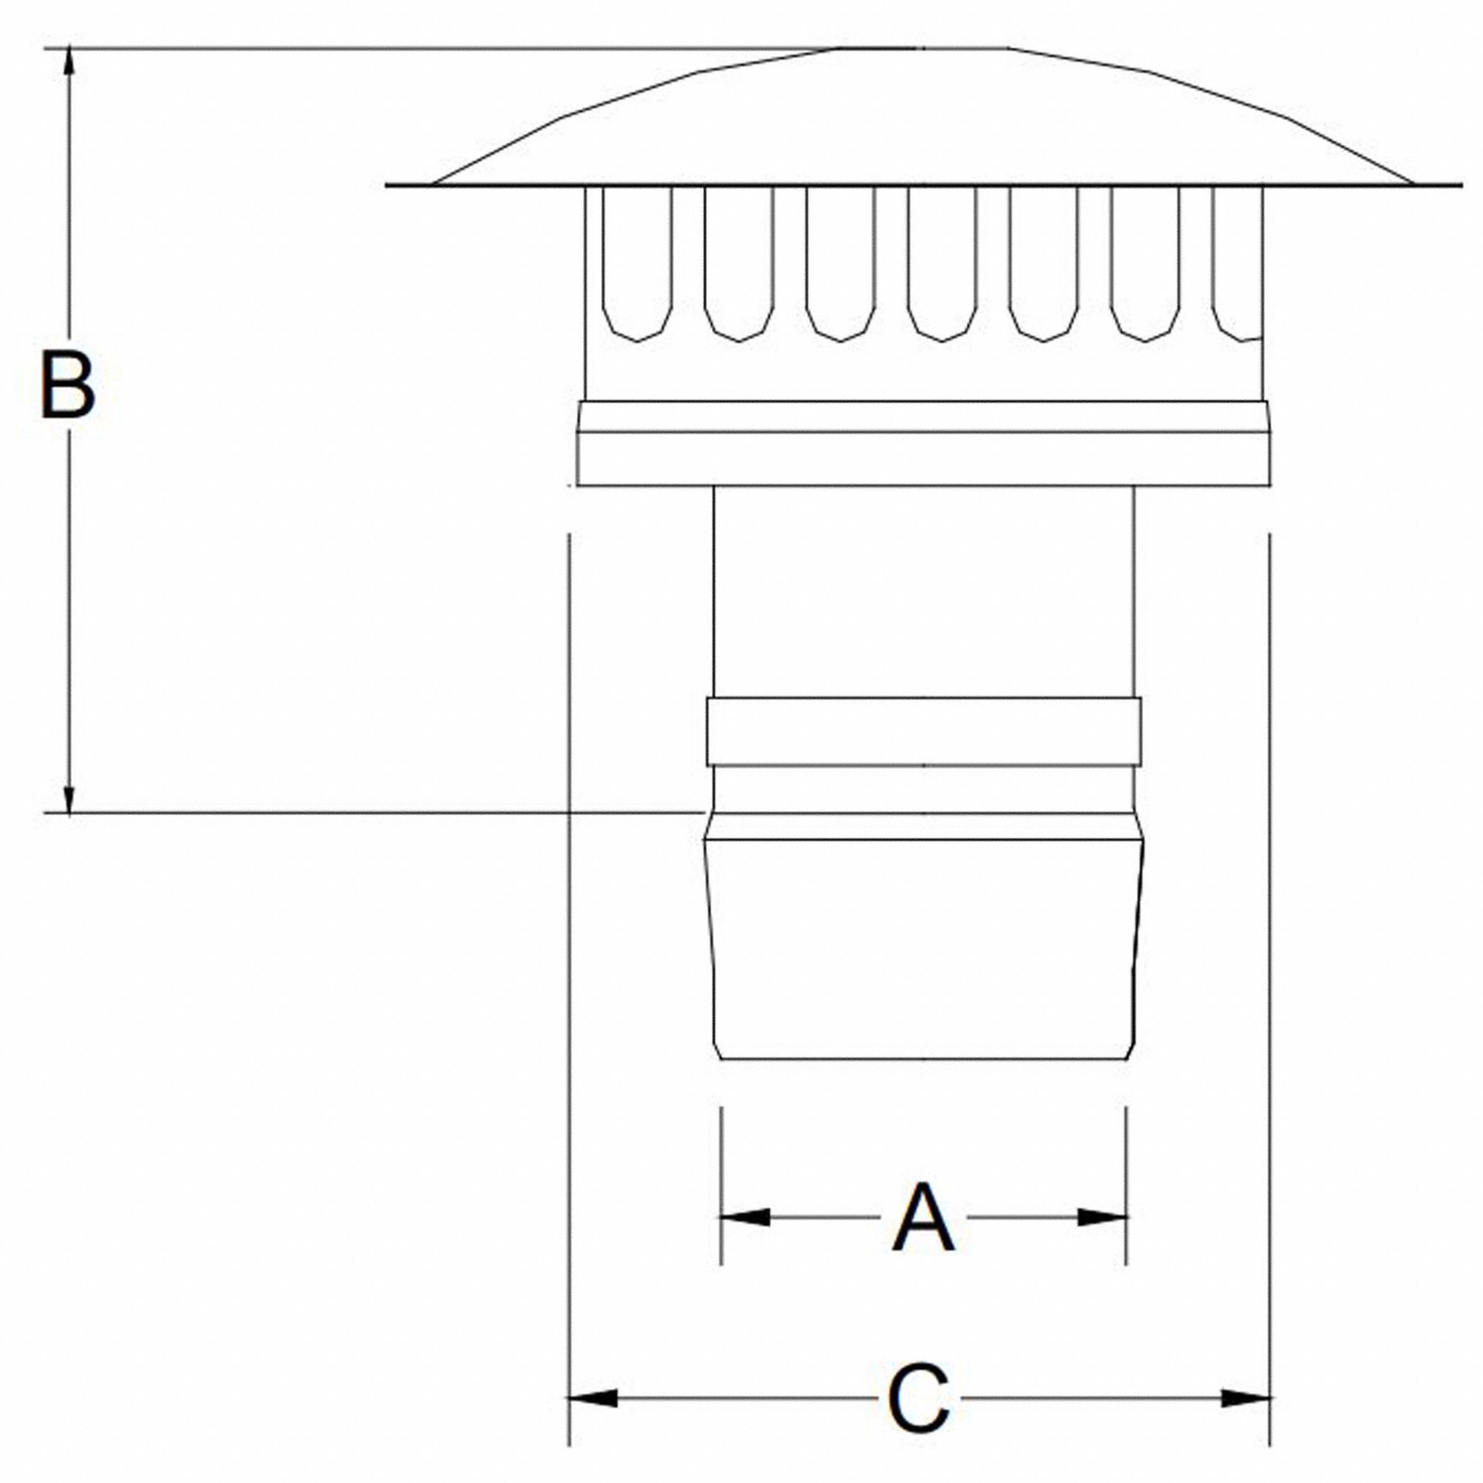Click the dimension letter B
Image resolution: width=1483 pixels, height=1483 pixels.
(x=67, y=386)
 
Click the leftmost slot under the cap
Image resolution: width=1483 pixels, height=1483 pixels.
(x=637, y=261)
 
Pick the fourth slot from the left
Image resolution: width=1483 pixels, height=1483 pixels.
(x=942, y=261)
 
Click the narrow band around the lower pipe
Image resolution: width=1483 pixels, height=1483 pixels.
(x=923, y=731)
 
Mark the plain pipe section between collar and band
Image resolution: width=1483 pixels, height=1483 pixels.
(x=923, y=591)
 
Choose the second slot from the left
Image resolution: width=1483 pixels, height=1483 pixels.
(x=739, y=261)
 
